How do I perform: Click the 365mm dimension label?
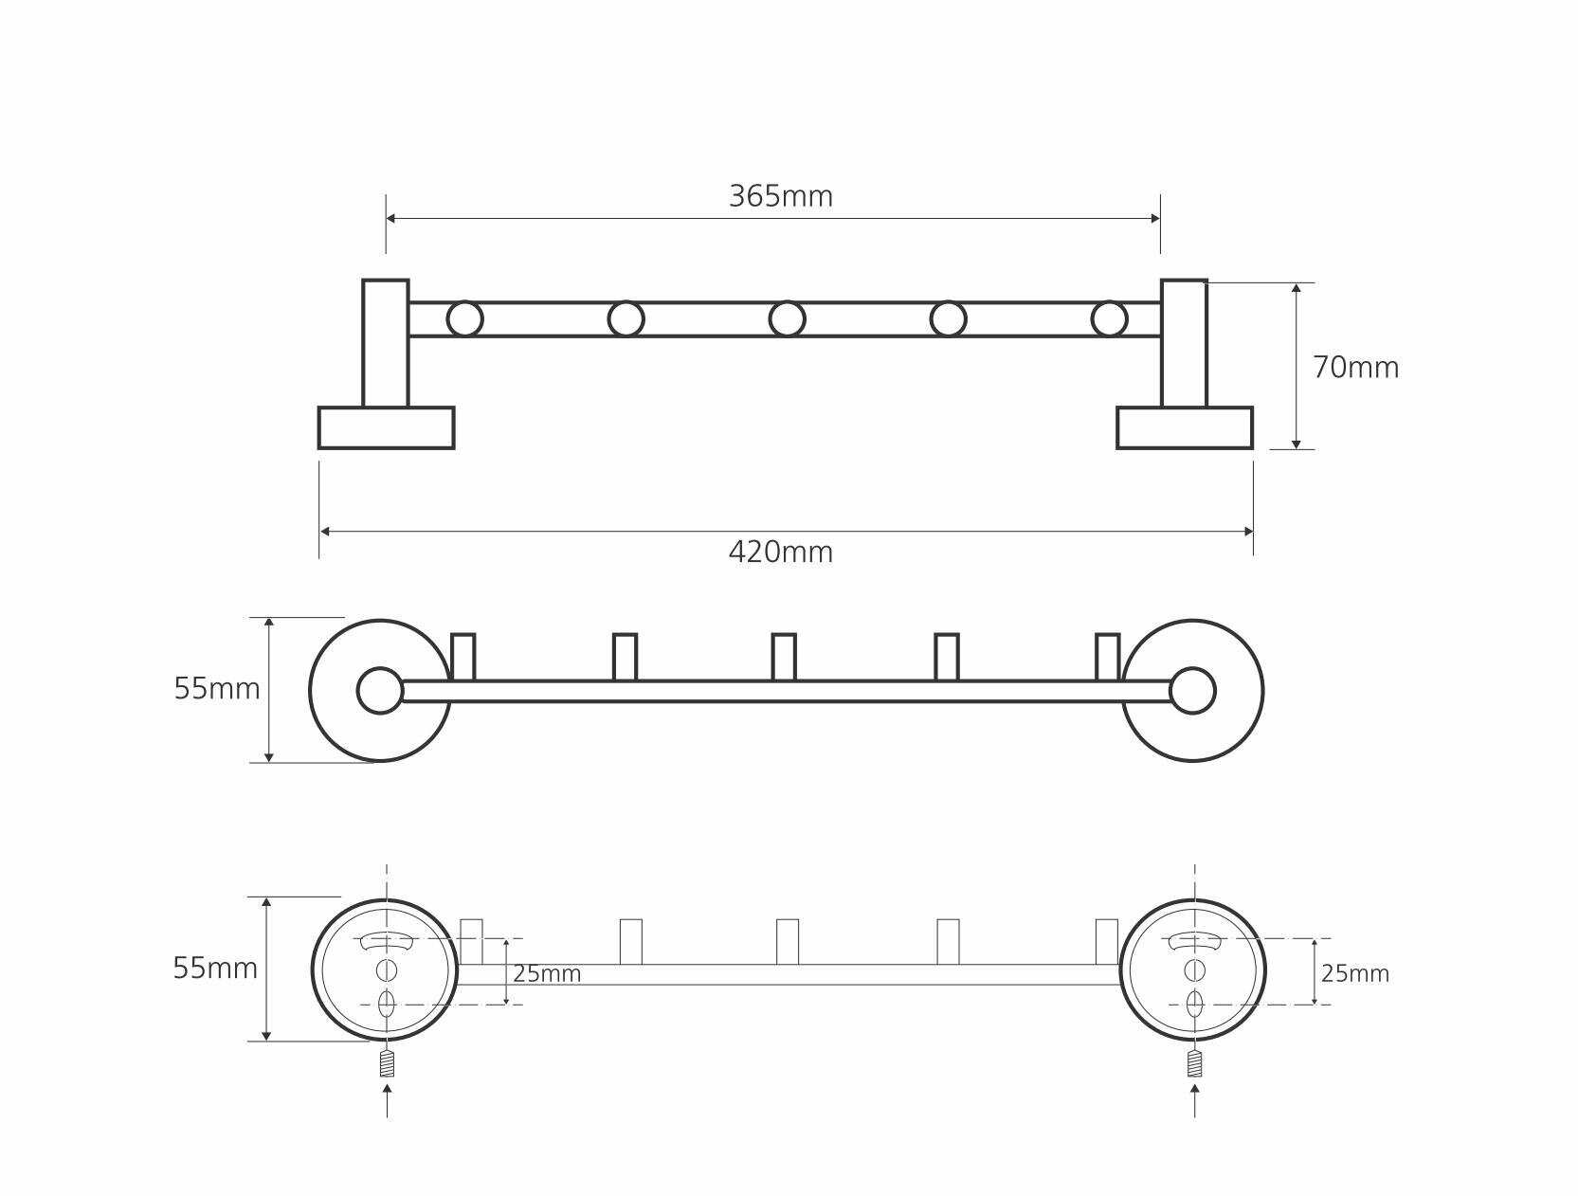781,196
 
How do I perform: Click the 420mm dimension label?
781,552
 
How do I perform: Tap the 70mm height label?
1355,368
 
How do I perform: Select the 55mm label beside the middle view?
217,689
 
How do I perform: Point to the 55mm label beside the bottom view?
215,969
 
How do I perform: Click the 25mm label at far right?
1354,973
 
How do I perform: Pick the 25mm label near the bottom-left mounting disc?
547,974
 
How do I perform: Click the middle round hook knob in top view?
787,319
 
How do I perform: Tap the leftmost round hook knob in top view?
464,319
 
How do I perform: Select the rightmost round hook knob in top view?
1109,319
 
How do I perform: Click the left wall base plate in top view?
387,427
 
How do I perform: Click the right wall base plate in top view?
1185,427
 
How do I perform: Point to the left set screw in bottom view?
387,1063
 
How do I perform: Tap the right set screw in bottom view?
1194,1063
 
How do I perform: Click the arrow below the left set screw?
387,1099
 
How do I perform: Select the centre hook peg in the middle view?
784,657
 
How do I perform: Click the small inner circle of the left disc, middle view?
380,691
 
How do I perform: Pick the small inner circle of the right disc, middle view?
1192,691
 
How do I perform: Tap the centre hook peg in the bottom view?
787,941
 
